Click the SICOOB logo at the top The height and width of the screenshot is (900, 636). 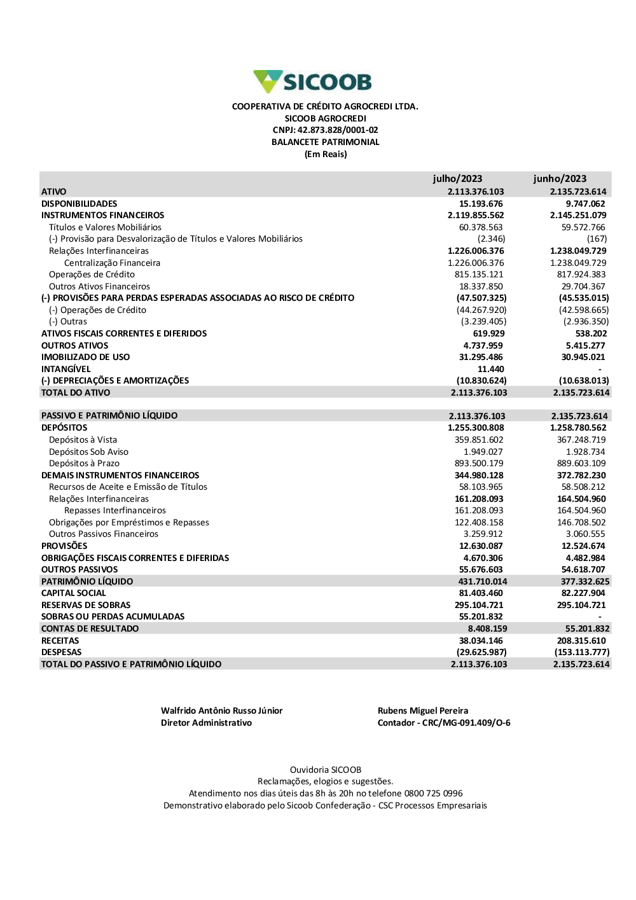[x=312, y=82]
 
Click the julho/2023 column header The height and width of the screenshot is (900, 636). [x=457, y=179]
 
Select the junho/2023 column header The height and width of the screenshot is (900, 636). [x=560, y=179]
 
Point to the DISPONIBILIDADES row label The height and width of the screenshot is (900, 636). [x=79, y=204]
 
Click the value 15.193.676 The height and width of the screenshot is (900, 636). [x=481, y=204]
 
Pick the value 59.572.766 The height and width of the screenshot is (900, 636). [x=583, y=227]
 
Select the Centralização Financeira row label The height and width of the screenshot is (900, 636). [x=112, y=263]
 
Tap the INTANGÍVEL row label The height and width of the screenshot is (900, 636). [x=66, y=369]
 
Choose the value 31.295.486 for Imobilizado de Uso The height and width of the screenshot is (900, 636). [x=481, y=357]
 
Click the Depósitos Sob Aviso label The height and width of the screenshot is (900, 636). [x=88, y=452]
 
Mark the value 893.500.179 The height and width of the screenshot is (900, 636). [x=479, y=464]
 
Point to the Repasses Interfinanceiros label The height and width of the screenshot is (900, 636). [x=115, y=511]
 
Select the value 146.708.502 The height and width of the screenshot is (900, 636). [x=581, y=523]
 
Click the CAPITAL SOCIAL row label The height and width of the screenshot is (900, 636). [x=74, y=593]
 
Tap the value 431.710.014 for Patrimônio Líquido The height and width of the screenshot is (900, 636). [x=483, y=581]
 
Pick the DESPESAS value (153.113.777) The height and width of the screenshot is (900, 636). [x=582, y=653]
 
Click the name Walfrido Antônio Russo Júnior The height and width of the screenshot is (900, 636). [x=221, y=711]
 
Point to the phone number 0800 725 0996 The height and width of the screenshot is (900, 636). [x=433, y=794]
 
